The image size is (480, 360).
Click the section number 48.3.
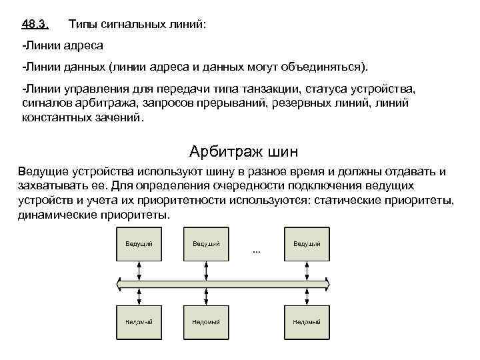(35, 25)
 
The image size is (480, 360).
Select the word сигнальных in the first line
(134, 25)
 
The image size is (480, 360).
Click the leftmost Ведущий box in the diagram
(139, 243)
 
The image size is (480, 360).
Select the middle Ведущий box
(207, 243)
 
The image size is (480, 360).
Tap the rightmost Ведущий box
(307, 243)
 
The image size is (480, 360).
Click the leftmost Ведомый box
(139, 322)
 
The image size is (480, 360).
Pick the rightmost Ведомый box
(307, 322)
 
